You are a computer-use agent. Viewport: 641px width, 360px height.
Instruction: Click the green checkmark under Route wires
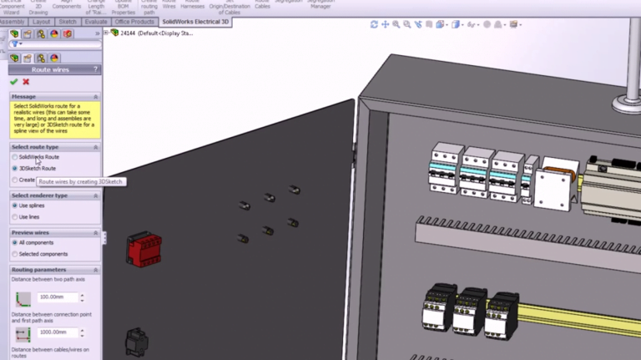coord(14,82)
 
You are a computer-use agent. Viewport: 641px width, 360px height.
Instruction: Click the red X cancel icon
coord(26,82)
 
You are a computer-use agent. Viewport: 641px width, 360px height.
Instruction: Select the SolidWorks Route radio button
coord(15,157)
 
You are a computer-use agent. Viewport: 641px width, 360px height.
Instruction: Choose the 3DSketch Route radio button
coord(15,168)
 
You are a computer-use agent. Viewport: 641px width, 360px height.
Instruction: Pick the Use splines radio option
coord(15,205)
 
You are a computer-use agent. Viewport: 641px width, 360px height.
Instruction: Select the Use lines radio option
coord(15,216)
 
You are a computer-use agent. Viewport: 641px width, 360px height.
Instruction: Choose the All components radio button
coord(15,243)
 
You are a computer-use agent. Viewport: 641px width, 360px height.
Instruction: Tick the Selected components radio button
coord(15,254)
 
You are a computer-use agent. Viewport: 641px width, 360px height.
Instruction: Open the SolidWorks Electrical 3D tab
coord(195,22)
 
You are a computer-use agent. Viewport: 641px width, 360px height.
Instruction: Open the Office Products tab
coord(134,22)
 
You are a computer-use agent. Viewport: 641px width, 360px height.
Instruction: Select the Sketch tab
coord(68,22)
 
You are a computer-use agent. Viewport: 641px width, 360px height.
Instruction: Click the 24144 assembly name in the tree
coord(128,33)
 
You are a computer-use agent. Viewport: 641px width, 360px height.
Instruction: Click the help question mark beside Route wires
coord(97,70)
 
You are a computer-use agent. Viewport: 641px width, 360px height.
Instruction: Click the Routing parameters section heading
coord(39,270)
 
